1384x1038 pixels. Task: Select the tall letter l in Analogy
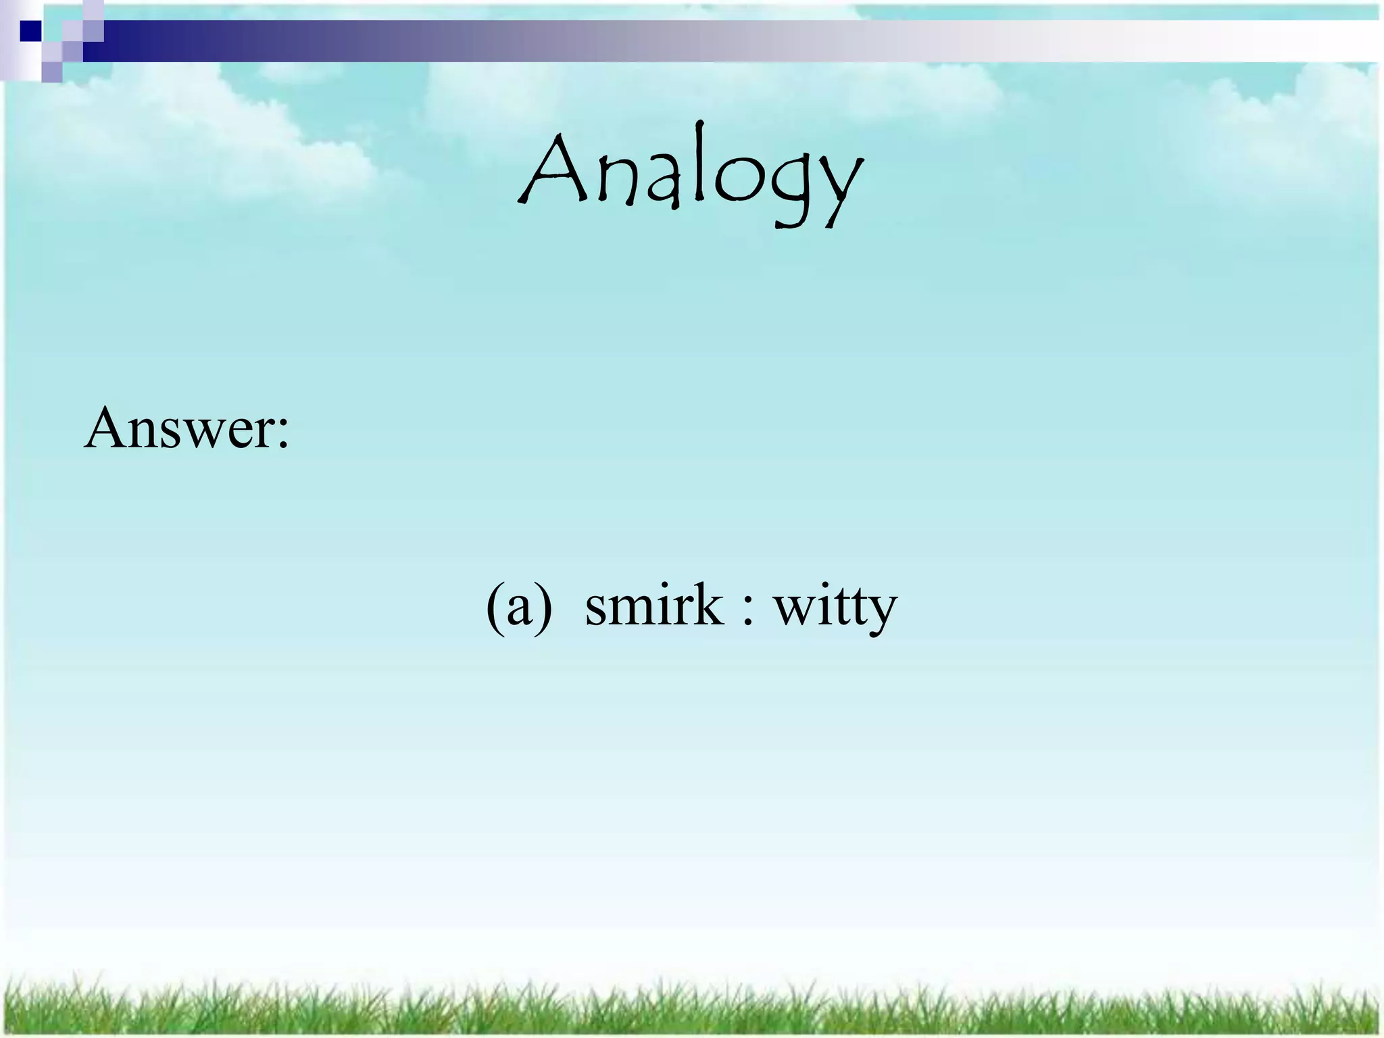[697, 162]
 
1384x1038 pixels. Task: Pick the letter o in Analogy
[737, 181]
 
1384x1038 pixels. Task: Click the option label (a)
[519, 606]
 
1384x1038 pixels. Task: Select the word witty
[835, 608]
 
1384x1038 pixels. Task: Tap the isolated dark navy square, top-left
[30, 31]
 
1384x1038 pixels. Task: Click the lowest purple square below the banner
[51, 72]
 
